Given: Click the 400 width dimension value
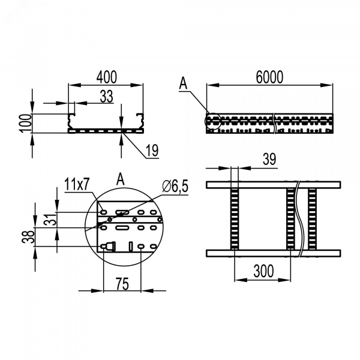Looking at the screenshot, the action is tap(107, 77).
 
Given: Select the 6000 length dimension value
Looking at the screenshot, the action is tap(269, 77).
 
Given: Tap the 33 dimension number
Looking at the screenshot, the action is tap(107, 97).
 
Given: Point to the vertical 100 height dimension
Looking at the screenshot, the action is tap(26, 123).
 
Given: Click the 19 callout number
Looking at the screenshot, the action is tap(152, 151).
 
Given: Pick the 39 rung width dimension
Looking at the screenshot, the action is tap(269, 159).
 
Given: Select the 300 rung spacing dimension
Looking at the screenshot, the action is tap(263, 271).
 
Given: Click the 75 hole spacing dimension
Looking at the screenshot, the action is tap(122, 284).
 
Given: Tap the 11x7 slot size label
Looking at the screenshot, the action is tap(77, 184).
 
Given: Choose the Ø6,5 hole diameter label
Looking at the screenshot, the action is tap(175, 186).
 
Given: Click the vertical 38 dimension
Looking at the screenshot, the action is tap(28, 237).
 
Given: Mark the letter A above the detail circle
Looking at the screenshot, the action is tap(121, 179).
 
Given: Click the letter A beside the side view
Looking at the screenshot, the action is tap(183, 83).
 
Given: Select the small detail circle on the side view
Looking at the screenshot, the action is tap(213, 121).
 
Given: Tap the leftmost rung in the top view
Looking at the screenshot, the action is tap(235, 219).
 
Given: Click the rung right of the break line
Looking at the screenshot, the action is tap(312, 219).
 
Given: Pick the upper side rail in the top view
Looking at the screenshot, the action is tap(273, 185).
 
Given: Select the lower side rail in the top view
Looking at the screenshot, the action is tap(273, 253).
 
